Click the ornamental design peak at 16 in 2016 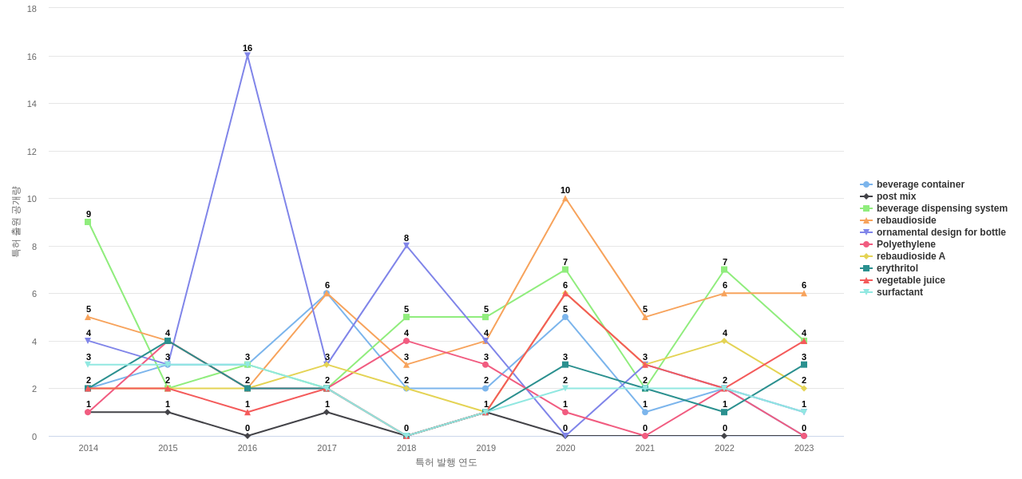point(248,56)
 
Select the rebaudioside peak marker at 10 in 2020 point(565,199)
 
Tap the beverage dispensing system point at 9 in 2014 point(88,222)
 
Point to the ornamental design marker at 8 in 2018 point(406,246)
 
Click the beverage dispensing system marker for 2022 point(725,270)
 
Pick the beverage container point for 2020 point(565,317)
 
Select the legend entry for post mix point(896,196)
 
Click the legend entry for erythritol point(897,268)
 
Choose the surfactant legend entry point(899,292)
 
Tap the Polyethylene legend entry point(905,244)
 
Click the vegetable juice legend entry point(910,280)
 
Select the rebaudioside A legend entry point(910,256)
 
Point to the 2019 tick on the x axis point(486,448)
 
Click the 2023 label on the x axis point(804,448)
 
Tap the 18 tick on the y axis point(32,9)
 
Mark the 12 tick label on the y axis point(32,152)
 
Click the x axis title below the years point(446,462)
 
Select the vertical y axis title point(15,222)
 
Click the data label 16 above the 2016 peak point(248,48)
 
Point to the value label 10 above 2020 point(565,190)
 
